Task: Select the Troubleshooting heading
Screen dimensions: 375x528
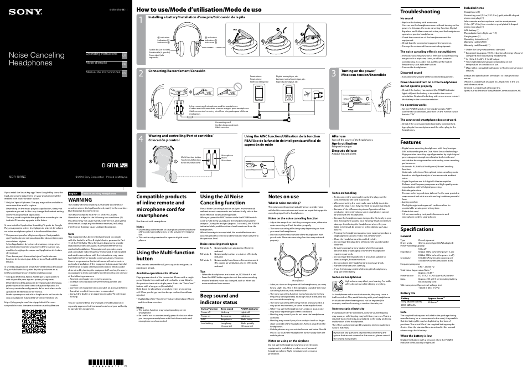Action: pos(420,12)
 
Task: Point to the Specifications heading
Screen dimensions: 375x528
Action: pos(417,229)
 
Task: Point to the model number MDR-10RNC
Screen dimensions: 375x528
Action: pos(20,177)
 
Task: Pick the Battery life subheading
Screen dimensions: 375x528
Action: pos(408,293)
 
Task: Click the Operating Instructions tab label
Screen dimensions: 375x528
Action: pos(101,54)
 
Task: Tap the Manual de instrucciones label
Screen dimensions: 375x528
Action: pos(102,72)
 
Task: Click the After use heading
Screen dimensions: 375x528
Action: pos(338,136)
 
